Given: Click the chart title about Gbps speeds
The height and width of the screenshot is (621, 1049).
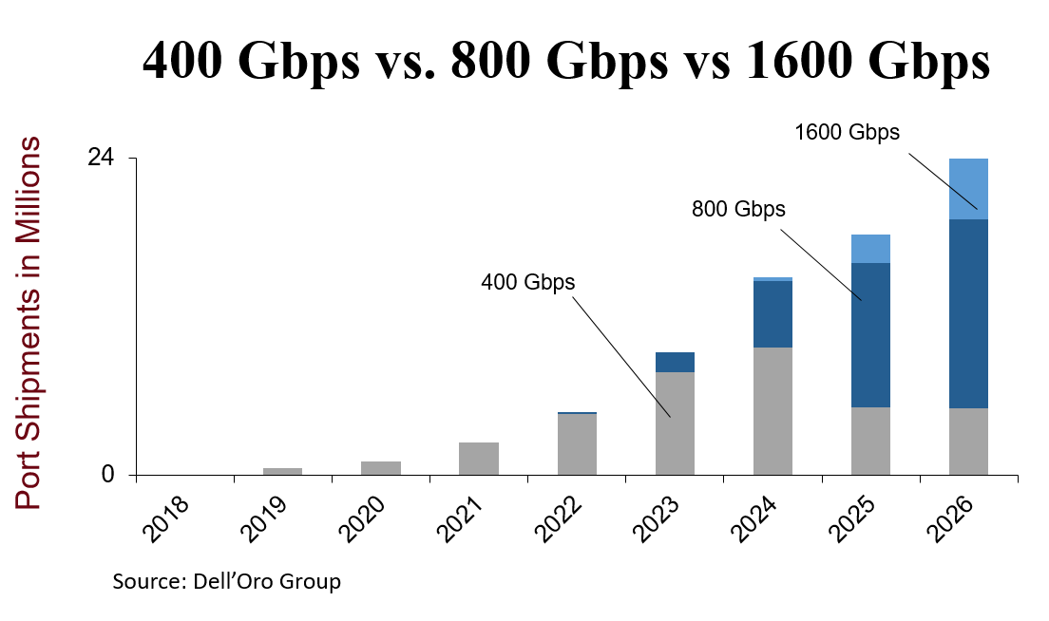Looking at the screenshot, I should (x=565, y=63).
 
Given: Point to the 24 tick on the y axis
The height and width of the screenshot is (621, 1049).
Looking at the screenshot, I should (x=102, y=158).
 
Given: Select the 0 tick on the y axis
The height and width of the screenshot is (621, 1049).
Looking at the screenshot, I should (x=108, y=475).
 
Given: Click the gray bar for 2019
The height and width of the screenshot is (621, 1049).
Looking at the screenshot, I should (x=282, y=471).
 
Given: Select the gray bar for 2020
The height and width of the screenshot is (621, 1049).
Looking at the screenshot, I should (x=381, y=468).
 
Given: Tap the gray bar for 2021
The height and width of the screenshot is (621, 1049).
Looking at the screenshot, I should (x=479, y=459).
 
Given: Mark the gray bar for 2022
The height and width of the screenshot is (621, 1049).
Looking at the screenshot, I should (x=577, y=444).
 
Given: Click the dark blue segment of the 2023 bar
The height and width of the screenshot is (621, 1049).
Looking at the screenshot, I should (x=675, y=362).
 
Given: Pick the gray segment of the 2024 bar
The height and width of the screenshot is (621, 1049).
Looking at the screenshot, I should (x=772, y=411).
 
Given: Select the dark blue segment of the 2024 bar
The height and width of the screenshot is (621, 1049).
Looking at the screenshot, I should (x=772, y=314).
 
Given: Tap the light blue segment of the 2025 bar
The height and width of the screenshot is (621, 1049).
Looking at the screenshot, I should (x=870, y=249).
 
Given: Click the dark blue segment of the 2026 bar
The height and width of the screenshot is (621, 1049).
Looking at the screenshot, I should (x=968, y=313).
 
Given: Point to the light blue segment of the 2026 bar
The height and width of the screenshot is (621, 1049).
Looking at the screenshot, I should (x=968, y=189).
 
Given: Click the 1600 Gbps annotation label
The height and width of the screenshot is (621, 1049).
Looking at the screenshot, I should (x=847, y=133).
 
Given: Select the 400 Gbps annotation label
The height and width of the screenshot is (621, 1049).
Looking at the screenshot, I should (x=528, y=282).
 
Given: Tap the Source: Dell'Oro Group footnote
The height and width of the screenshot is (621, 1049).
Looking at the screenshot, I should (x=226, y=581).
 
